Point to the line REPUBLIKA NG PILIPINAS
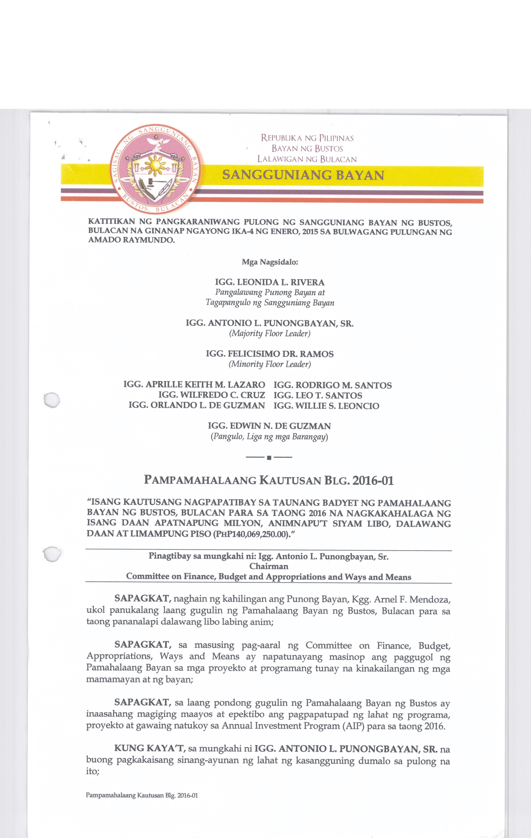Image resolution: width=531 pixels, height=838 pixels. pyautogui.click(x=307, y=138)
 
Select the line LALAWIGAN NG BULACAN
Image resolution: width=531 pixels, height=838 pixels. pyautogui.click(x=307, y=159)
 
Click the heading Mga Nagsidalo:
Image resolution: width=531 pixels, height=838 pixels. pyautogui.click(x=270, y=262)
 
